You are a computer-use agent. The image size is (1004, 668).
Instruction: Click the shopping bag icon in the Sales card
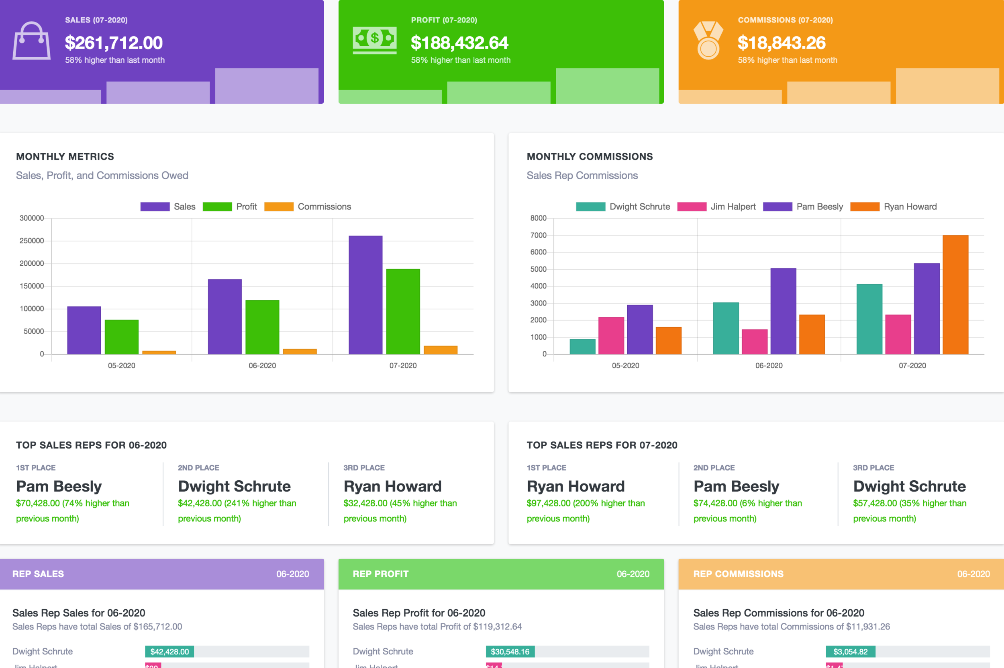pos(31,41)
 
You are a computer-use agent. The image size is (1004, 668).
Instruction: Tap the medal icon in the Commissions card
pos(708,41)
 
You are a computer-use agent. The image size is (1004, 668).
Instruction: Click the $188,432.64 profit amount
pos(459,43)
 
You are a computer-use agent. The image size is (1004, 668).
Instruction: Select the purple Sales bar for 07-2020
pos(365,295)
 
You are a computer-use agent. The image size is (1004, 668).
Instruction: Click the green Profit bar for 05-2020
pos(122,336)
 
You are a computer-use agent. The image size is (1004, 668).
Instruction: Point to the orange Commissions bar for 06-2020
pos(300,351)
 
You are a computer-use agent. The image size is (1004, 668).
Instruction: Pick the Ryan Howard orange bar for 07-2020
pos(955,295)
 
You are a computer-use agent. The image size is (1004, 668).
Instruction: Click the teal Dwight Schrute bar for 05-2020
pos(582,346)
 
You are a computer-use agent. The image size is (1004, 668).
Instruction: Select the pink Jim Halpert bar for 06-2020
pos(754,342)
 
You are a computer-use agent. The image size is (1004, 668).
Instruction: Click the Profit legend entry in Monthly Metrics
pos(230,207)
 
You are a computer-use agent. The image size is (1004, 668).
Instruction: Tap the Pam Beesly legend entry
pos(803,207)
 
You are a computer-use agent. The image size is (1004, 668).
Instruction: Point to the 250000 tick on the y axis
pos(31,241)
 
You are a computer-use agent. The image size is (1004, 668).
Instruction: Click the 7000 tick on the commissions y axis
pos(538,235)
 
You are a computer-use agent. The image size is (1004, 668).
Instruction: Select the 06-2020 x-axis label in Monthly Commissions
pos(768,365)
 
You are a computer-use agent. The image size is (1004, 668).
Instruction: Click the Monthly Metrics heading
pos(65,156)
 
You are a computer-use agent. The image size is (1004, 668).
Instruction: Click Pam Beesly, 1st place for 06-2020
pos(59,486)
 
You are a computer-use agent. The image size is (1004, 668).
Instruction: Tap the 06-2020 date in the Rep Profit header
pos(633,574)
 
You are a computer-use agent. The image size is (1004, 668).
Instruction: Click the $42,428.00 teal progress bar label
pos(169,652)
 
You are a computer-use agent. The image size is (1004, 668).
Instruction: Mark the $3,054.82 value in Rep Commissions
pos(850,652)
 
